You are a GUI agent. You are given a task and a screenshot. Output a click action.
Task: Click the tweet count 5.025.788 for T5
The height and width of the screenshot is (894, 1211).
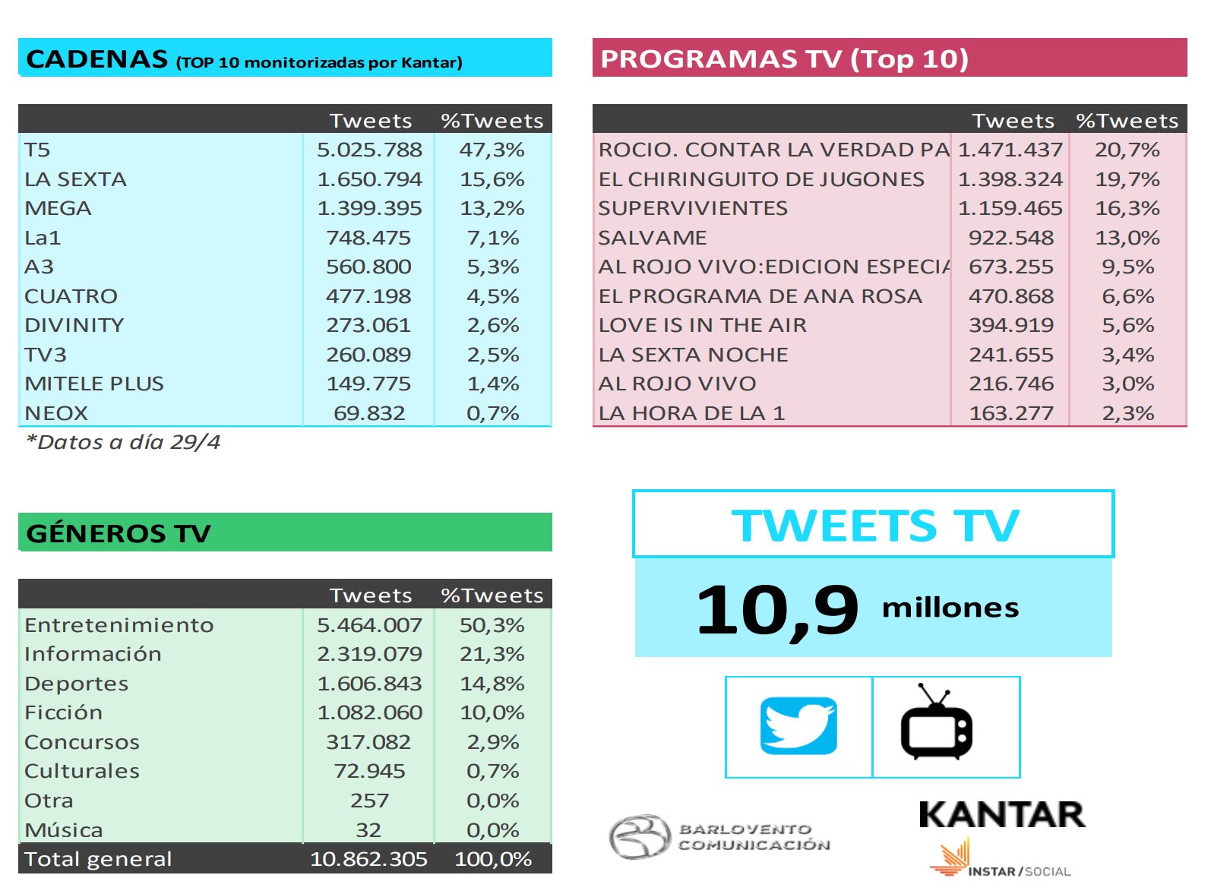pos(369,150)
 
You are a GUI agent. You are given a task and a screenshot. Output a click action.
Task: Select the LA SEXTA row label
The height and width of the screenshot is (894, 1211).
pos(75,179)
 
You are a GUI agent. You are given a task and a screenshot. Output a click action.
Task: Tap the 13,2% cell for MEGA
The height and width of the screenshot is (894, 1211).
pos(492,208)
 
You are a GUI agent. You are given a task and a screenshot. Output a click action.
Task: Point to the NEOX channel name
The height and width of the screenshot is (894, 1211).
pos(56,413)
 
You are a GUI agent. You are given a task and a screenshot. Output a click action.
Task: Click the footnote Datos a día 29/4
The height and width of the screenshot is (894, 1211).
pos(123,442)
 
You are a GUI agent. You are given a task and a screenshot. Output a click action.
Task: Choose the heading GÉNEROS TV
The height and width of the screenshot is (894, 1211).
pos(119,533)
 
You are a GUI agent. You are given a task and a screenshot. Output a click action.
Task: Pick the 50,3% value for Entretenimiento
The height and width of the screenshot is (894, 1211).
pos(492,625)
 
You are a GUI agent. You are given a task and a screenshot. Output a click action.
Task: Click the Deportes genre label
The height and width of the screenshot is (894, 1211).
pos(76,684)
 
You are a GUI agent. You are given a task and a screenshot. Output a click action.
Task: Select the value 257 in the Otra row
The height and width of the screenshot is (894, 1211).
pos(369,801)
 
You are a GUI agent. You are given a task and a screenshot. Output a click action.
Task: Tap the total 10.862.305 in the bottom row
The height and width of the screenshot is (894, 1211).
pos(368,859)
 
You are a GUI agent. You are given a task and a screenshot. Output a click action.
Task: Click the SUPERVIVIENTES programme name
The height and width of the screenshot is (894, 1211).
pos(693,208)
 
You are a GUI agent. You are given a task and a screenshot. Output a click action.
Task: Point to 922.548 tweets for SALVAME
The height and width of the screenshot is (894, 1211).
pos(1010,238)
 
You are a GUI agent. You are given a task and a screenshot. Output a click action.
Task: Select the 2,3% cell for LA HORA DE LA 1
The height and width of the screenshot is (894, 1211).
pos(1127,413)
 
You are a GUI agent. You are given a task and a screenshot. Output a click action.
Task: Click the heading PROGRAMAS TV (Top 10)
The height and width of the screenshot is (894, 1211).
pos(784,58)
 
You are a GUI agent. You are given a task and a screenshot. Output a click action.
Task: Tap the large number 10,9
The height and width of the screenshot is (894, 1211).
pos(776,609)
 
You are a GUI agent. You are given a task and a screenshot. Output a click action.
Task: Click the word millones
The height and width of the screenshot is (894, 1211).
pos(950,608)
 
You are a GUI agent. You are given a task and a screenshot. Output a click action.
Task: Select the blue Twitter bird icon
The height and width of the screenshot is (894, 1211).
pos(798,726)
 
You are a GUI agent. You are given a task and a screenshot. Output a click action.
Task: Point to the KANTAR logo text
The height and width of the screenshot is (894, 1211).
pos(1001,815)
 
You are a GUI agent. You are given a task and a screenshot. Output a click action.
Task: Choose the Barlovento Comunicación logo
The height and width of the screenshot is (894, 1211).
pos(719,837)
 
